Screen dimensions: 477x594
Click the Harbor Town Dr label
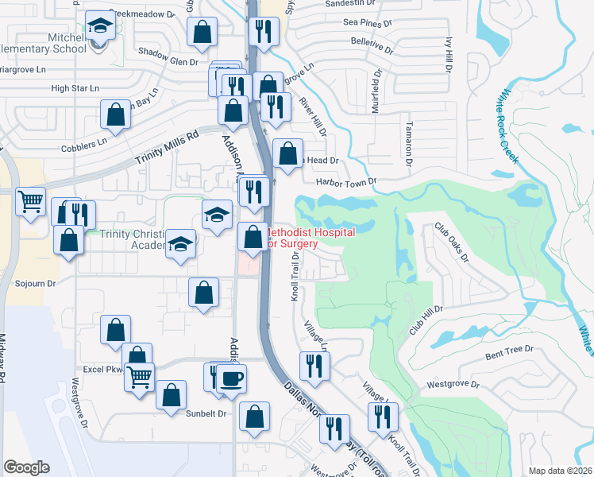[x=345, y=181]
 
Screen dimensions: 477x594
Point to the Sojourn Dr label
[x=37, y=283]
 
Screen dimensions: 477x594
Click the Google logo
[x=26, y=467]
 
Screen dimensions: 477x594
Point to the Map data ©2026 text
[x=560, y=471]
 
